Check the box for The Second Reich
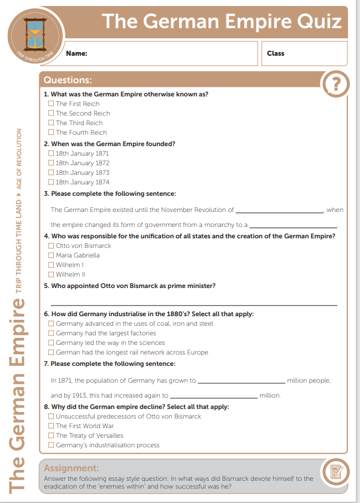tap(51, 113)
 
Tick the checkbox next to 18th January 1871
tap(51, 153)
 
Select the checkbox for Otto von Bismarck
tap(51, 246)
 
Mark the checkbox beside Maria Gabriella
tap(51, 255)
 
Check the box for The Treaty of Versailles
tap(51, 435)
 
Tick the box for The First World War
tap(51, 426)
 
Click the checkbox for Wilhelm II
tap(51, 274)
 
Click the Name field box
tap(159, 53)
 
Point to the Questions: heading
tap(68, 80)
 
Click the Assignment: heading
tap(71, 468)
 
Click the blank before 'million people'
tap(241, 381)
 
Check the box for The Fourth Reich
tap(51, 132)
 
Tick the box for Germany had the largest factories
tap(51, 333)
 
